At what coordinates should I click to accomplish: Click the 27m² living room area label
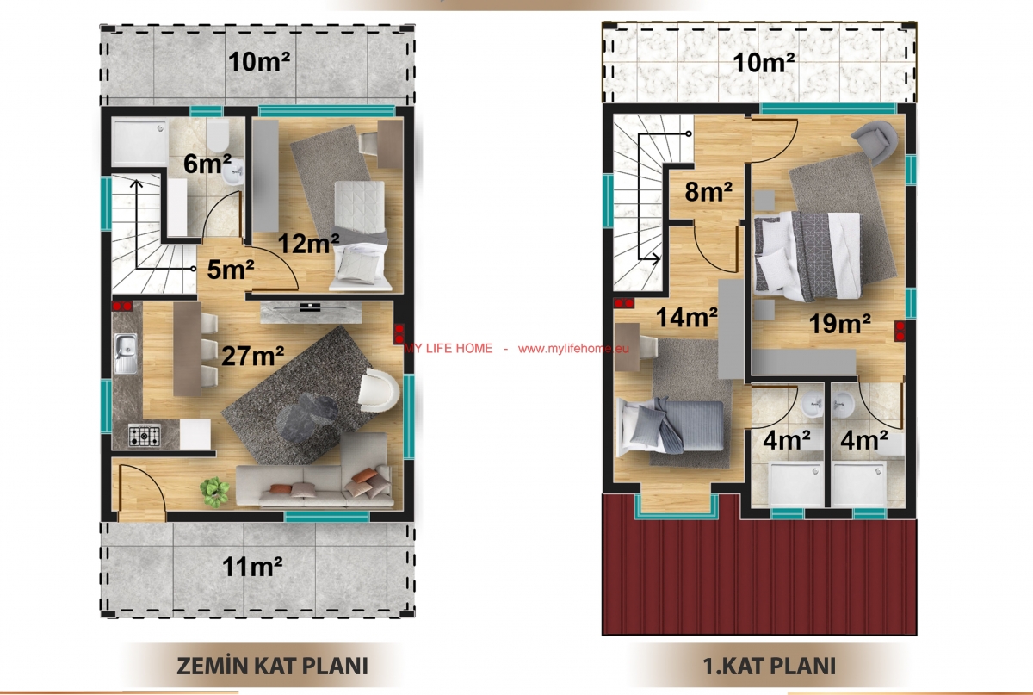253,356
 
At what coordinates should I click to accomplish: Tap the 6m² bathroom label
207,164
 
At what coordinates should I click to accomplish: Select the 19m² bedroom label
840,324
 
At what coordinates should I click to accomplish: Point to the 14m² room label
686,318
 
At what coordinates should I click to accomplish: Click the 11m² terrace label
252,566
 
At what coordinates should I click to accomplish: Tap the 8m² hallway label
708,191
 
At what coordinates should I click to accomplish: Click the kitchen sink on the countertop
126,353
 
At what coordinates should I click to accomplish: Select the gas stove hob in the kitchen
145,435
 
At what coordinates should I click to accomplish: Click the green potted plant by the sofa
214,492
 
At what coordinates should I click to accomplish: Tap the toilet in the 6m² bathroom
217,136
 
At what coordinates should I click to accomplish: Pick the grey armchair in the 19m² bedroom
875,142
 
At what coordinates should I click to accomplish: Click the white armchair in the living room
379,391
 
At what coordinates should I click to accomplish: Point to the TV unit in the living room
311,313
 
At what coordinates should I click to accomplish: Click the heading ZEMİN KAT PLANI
272,666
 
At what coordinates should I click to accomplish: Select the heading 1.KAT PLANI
770,666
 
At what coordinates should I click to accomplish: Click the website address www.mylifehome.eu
573,349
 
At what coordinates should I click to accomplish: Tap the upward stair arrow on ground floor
137,224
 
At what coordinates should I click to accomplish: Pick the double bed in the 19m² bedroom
807,255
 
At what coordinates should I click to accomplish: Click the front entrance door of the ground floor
143,493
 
